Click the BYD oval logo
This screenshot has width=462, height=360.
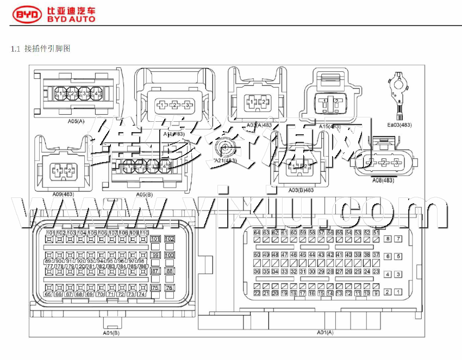point(27,15)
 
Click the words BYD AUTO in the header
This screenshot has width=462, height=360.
point(71,19)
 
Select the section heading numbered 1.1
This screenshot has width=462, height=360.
point(41,49)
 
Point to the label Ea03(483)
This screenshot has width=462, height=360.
point(399,125)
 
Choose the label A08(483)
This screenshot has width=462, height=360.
point(383,180)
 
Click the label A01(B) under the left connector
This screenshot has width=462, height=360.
point(111,332)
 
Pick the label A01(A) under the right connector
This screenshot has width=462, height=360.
point(325,332)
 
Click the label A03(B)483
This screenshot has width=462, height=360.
point(301,190)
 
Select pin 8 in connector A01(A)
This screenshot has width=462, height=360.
point(388,239)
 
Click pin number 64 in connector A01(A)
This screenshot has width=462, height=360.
point(257,233)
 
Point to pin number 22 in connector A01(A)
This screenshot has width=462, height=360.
point(257,293)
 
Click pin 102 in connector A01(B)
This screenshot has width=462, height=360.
point(170,239)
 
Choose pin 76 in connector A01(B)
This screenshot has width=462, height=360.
point(170,288)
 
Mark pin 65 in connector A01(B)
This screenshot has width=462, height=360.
point(48,294)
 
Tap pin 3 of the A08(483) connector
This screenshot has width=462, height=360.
point(396,163)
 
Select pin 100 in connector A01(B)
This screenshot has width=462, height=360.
point(170,255)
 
